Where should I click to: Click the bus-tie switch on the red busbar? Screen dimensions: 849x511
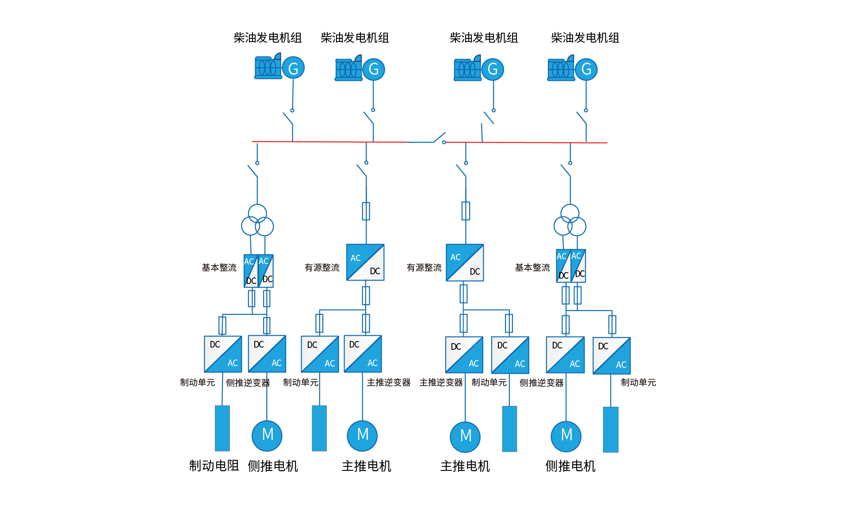[439, 138]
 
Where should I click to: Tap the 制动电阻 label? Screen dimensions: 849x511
[214, 466]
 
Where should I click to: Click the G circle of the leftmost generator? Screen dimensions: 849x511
[293, 68]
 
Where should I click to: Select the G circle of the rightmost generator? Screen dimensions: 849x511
[586, 69]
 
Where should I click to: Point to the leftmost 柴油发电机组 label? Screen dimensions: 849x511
[268, 38]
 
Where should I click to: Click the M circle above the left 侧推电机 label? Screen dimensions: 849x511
[267, 435]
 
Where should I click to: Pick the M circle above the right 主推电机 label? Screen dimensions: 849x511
[465, 437]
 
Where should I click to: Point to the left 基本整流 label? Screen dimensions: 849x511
[219, 267]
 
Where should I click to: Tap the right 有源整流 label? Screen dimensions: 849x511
[424, 267]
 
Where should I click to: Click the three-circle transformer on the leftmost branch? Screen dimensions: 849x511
[257, 220]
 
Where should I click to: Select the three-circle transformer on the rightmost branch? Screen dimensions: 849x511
[570, 220]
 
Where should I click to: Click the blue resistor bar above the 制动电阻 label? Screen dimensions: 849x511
[222, 428]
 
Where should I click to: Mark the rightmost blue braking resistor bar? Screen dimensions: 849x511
[611, 429]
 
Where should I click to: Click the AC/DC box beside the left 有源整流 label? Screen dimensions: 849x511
[365, 262]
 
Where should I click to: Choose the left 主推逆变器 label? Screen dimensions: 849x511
[389, 382]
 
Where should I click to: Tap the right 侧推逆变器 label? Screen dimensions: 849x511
[542, 382]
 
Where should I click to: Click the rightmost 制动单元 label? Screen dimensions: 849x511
[638, 382]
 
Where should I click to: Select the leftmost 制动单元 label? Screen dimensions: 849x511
[198, 382]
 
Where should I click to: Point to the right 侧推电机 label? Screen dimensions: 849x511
[570, 466]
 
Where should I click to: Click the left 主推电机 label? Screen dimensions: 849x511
[367, 466]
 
